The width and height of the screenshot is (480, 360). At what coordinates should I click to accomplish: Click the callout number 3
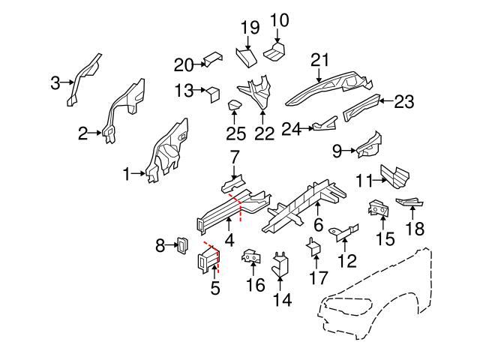(55, 83)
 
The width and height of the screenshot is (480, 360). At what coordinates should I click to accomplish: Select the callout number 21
(320, 60)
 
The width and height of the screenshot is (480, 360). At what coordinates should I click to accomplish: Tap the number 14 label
(282, 300)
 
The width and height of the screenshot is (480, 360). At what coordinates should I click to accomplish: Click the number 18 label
(414, 229)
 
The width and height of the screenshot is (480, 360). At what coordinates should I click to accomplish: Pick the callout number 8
(160, 244)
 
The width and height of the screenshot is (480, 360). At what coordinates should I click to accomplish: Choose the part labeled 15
(379, 211)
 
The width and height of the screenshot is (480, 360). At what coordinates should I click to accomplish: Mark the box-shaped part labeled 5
(208, 260)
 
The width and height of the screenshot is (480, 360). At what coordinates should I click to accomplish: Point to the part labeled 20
(212, 58)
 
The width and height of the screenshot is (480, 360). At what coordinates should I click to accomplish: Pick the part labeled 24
(323, 124)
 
